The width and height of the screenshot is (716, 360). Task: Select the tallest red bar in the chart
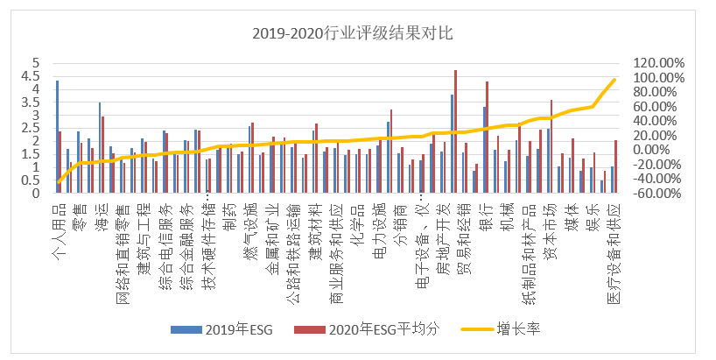pos(456,131)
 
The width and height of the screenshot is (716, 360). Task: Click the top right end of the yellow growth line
pos(614,80)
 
